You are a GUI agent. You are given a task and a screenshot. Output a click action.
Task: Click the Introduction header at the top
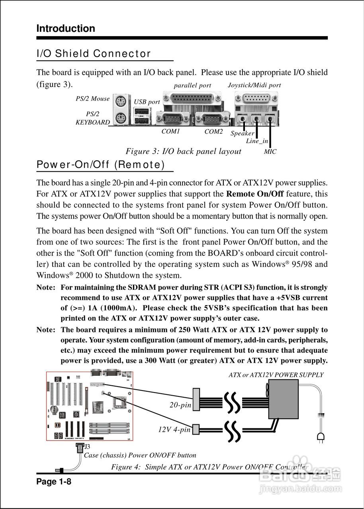(x=66, y=29)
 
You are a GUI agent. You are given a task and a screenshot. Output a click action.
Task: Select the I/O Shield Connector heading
(x=94, y=54)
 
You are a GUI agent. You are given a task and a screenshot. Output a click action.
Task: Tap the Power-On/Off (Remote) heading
(x=101, y=165)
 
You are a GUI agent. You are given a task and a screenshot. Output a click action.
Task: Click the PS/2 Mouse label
(x=93, y=99)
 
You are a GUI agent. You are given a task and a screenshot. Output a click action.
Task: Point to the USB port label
(x=147, y=102)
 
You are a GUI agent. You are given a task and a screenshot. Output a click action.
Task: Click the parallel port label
(x=192, y=85)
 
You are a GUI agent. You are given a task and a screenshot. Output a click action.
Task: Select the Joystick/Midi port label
(x=254, y=85)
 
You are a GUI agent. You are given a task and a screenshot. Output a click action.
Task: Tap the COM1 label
(x=171, y=131)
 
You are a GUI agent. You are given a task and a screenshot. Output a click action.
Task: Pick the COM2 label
(x=213, y=131)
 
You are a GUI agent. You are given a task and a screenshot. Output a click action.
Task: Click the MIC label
(x=270, y=152)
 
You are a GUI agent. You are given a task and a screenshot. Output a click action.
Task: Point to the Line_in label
(x=257, y=141)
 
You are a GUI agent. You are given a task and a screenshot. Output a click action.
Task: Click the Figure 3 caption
(x=184, y=151)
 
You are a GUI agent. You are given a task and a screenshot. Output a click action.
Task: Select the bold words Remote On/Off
(x=255, y=194)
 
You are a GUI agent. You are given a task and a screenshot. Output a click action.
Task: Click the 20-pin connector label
(x=180, y=405)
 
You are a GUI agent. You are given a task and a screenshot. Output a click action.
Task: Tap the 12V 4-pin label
(x=174, y=429)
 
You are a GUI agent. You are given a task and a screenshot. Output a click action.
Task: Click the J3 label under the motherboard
(x=87, y=447)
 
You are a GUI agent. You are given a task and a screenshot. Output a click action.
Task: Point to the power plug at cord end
(x=320, y=437)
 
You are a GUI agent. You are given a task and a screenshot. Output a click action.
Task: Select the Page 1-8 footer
(x=54, y=482)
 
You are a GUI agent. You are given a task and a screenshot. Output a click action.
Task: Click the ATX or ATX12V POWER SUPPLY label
(x=276, y=375)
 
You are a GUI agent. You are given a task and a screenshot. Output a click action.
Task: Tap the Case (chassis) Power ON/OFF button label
(x=140, y=455)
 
